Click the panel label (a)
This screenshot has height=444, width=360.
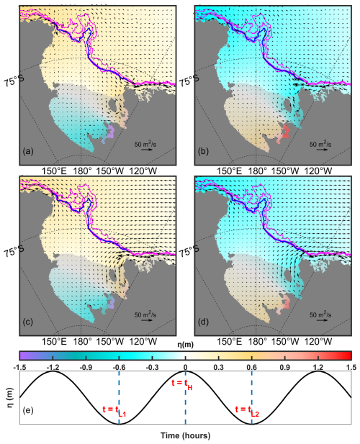pyautogui.click(x=28, y=152)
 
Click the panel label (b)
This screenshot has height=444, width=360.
pyautogui.click(x=203, y=152)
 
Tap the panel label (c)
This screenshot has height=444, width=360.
pyautogui.click(x=28, y=322)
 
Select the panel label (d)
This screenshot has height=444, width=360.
pyautogui.click(x=203, y=322)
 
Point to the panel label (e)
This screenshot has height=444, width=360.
pyautogui.click(x=28, y=410)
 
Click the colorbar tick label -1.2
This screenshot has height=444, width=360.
pyautogui.click(x=53, y=368)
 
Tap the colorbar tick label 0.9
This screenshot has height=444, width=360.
pyautogui.click(x=284, y=368)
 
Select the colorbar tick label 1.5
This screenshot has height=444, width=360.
pyautogui.click(x=351, y=368)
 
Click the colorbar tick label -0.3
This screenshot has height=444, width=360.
pyautogui.click(x=153, y=368)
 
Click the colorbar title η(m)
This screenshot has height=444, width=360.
pyautogui.click(x=186, y=345)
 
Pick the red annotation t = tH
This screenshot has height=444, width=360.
pyautogui.click(x=182, y=384)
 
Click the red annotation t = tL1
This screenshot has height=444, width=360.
pyautogui.click(x=114, y=411)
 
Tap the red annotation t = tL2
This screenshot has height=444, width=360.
pyautogui.click(x=247, y=411)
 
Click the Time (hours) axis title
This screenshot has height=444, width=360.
pyautogui.click(x=186, y=435)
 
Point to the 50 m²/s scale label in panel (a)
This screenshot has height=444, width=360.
pyautogui.click(x=145, y=144)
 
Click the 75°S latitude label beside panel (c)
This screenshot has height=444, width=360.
pyautogui.click(x=14, y=250)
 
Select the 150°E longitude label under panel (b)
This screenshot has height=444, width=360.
pyautogui.click(x=230, y=171)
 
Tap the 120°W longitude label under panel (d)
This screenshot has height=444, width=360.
pyautogui.click(x=318, y=342)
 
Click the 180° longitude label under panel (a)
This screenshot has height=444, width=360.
pyautogui.click(x=83, y=171)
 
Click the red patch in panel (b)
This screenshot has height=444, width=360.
pyautogui.click(x=286, y=132)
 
